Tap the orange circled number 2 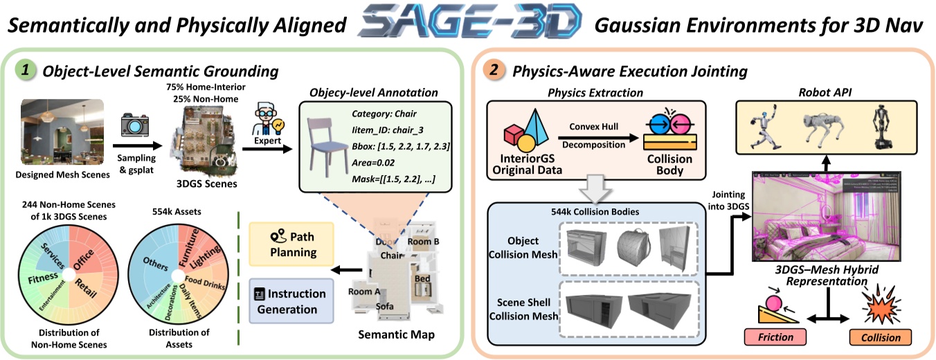[x=493, y=70]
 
